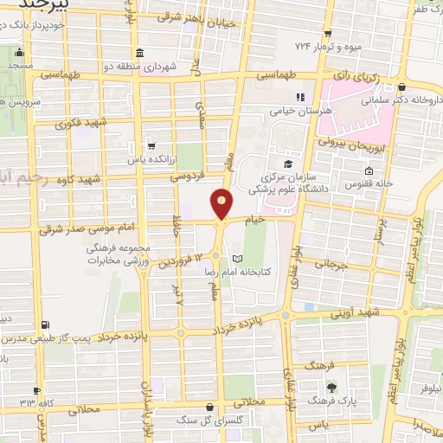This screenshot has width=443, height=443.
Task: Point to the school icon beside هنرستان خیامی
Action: tap(301, 96)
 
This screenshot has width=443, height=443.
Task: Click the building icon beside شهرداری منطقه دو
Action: tap(140, 53)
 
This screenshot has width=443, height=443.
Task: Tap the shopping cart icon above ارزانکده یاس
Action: tap(151, 145)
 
